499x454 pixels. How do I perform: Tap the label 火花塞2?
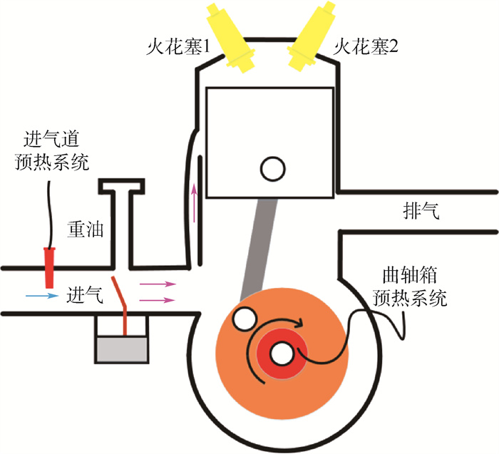coord(366,49)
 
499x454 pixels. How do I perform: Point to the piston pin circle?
coord(272,169)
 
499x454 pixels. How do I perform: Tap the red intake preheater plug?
coord(50,265)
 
